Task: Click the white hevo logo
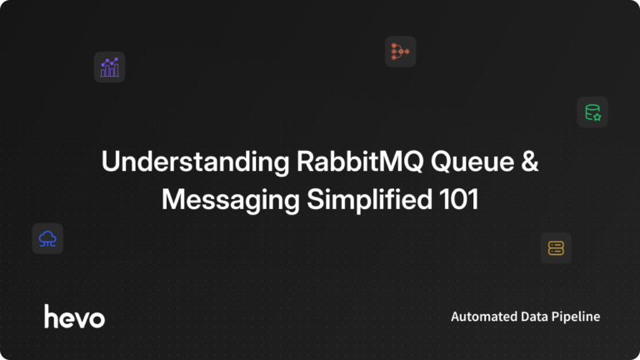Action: [74, 316]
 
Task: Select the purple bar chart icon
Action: [109, 67]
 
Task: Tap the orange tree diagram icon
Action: [400, 52]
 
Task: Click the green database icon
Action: [592, 112]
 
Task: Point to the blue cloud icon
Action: [47, 239]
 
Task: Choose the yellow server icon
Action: [556, 247]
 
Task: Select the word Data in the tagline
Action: [536, 317]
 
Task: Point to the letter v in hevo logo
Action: [81, 317]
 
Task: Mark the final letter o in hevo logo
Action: [97, 317]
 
